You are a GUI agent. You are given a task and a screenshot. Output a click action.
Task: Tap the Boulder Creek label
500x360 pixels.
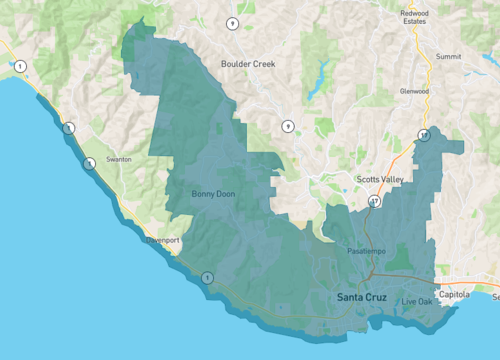pos(247,63)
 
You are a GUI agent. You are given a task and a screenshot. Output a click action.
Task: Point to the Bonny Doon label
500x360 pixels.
pos(212,194)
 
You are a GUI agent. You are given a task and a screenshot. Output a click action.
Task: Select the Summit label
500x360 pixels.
pos(449,57)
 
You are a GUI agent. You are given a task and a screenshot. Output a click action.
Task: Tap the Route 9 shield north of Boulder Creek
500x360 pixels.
pos(232,23)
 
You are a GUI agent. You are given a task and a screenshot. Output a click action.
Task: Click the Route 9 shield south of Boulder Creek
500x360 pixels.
pos(287,126)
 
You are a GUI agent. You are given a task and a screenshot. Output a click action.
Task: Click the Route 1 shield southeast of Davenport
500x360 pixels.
pos(207,277)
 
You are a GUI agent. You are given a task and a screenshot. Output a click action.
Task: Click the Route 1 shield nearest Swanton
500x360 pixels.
pos(90,163)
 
